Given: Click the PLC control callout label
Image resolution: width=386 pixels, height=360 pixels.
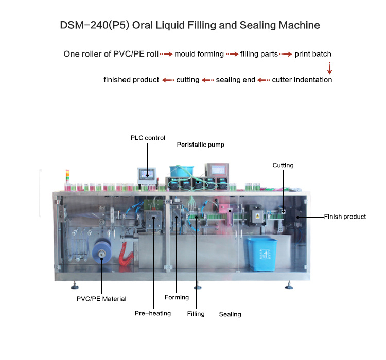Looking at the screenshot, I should pos(148,138).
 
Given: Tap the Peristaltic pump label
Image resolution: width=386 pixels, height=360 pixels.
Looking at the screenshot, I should pos(201,145).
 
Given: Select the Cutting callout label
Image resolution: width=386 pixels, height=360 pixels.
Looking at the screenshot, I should pos(283,165).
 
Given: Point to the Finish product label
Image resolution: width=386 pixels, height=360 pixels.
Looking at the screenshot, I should pos(345,217).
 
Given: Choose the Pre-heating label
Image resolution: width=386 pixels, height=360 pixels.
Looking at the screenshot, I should pos(153,313).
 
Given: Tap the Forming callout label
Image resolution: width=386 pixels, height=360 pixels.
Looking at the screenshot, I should pos(177,297).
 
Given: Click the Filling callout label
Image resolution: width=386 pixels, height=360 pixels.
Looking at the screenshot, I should pos(196,314).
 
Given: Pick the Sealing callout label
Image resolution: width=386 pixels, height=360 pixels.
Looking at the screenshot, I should pos(230,314).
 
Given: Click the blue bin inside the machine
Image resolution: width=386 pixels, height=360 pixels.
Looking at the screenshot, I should pos(262,254).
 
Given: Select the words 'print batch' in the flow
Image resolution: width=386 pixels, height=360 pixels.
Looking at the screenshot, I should pos(313,53).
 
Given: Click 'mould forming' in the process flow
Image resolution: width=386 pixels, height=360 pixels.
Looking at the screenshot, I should pos(199,53).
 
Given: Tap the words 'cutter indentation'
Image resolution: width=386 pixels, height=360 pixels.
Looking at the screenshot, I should pos(302,80).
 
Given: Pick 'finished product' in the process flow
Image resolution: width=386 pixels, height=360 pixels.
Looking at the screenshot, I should pos(131,80).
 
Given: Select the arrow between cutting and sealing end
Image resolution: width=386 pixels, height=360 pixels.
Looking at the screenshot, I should pos(208,80).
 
